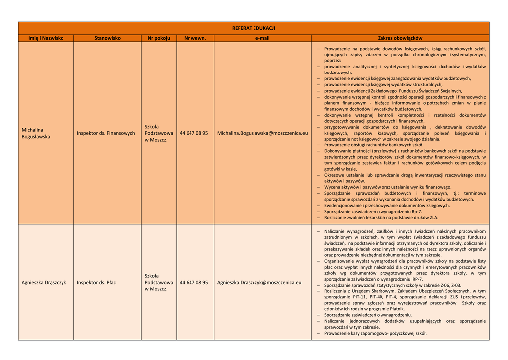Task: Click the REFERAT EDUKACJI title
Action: coord(254,28)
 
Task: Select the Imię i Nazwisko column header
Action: coord(46,38)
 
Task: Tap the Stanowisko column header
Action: coord(108,38)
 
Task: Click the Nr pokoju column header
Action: coord(159,38)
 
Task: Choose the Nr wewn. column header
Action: coord(195,38)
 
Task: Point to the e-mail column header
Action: coord(262,38)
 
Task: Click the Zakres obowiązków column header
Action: coord(400,38)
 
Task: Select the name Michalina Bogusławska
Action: coord(36,133)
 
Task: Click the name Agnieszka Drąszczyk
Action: coord(44,283)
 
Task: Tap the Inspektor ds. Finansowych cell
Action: coord(106,133)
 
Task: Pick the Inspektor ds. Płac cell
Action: coord(96,283)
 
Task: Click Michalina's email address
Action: coord(262,133)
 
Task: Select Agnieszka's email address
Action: coord(259,283)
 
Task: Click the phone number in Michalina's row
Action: coord(193,133)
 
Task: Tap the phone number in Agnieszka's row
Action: coord(193,283)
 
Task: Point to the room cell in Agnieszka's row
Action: coord(159,283)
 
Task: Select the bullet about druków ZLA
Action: coord(381,217)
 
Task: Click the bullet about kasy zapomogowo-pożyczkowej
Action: coord(375,333)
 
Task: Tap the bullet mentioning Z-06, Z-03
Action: coord(392,285)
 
